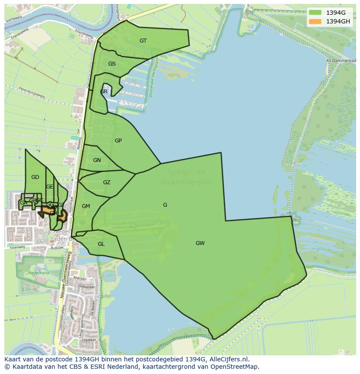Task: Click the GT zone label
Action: click(143, 41)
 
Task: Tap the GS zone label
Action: click(112, 64)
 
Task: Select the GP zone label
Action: click(118, 141)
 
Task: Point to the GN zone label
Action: click(97, 160)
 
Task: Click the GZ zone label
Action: click(107, 182)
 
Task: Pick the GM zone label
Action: click(86, 206)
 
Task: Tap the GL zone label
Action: click(101, 244)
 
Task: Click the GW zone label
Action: click(200, 243)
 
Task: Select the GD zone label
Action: click(35, 177)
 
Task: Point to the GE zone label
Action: click(50, 187)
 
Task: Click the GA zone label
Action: click(23, 203)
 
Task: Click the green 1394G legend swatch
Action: click(315, 13)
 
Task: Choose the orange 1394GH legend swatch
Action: click(315, 21)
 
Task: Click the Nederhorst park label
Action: click(39, 273)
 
